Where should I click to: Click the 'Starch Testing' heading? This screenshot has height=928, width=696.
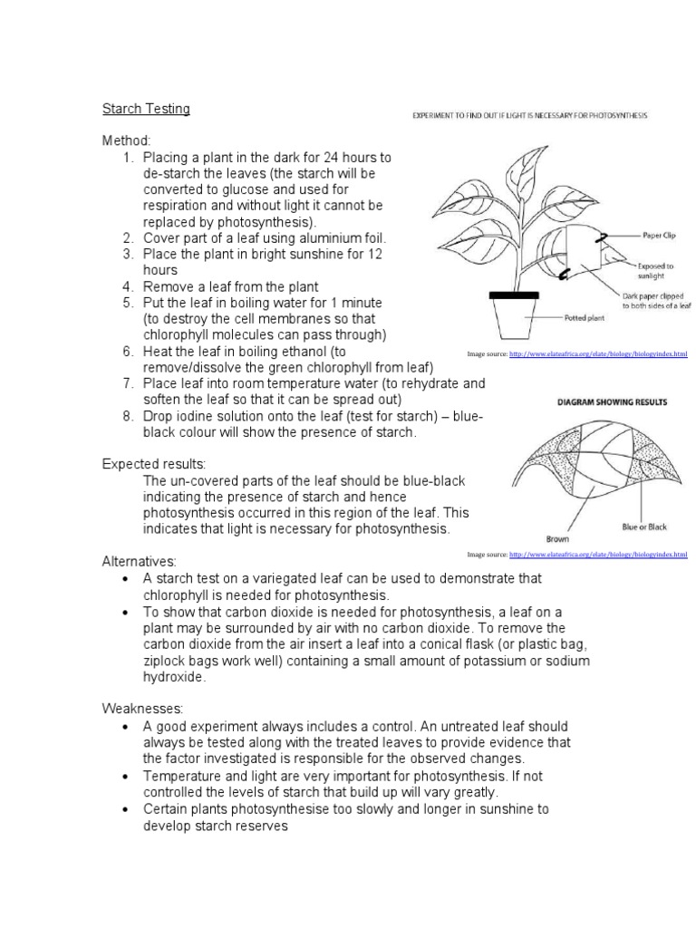[x=146, y=109]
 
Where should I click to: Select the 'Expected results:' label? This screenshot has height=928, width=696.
[x=154, y=464]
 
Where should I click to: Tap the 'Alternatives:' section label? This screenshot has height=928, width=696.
[x=139, y=562]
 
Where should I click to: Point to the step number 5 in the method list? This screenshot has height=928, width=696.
[x=129, y=303]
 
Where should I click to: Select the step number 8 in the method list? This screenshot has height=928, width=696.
[x=129, y=416]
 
